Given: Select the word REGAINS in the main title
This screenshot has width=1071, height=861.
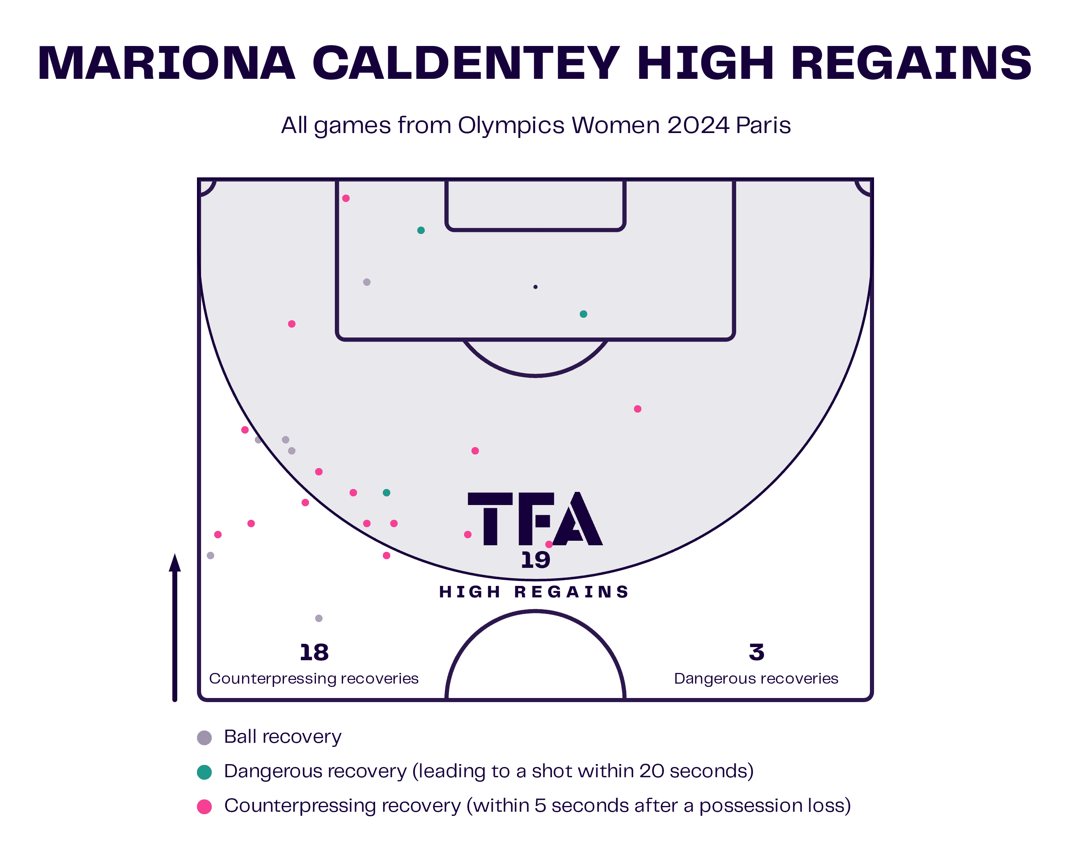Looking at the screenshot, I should [911, 63].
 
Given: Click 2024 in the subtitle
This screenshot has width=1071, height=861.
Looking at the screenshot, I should [698, 126].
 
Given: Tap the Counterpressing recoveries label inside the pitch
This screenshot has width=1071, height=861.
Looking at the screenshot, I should [314, 679].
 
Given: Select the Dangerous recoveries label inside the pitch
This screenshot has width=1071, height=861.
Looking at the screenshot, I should [756, 679].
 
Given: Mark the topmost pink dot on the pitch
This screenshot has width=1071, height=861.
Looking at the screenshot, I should [346, 198].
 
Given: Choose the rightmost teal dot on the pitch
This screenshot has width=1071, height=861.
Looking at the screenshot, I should [584, 314].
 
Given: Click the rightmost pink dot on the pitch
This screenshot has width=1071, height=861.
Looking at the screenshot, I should [638, 409].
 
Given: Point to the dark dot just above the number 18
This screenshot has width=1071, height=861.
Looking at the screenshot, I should [319, 618].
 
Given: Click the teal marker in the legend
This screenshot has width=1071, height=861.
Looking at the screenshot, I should [204, 772].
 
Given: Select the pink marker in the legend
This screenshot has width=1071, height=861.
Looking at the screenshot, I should [204, 807].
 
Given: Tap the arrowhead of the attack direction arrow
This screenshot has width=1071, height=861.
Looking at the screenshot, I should [174, 563].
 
